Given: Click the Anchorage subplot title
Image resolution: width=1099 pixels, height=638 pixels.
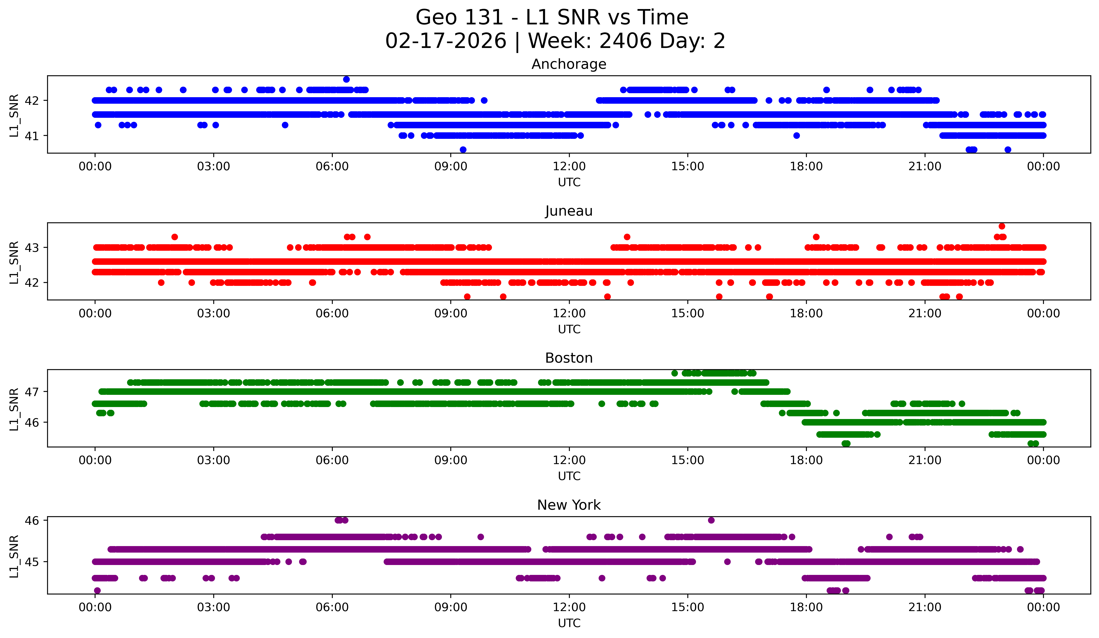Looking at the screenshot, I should coord(569,64).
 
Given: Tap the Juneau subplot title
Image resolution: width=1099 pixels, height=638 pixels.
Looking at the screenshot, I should coord(569,211).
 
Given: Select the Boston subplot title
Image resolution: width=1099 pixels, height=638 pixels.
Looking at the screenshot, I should coord(569,358).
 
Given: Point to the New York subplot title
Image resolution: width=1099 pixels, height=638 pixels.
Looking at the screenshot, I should coord(569,505).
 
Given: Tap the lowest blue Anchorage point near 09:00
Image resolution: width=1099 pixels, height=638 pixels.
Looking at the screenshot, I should coord(463,150).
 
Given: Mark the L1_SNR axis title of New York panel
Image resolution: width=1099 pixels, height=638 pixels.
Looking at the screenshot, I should coord(14,556).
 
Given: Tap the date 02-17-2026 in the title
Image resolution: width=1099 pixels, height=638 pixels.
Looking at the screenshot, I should coord(446,41).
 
